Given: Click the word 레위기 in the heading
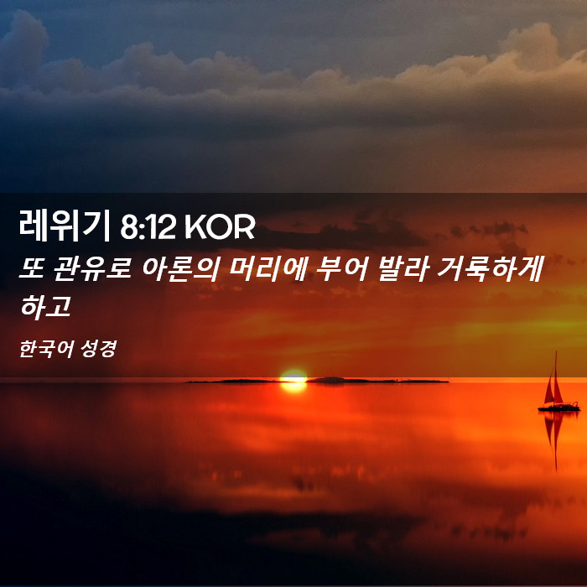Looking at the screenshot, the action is pyautogui.click(x=64, y=226).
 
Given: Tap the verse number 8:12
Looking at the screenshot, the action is pyautogui.click(x=148, y=227).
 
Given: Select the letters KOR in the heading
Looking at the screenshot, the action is pyautogui.click(x=220, y=227).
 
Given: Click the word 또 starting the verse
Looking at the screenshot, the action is pyautogui.click(x=32, y=269).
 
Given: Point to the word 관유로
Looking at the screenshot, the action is pyautogui.click(x=92, y=269).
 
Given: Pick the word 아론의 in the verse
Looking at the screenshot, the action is pyautogui.click(x=180, y=269).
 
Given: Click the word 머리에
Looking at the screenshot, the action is pyautogui.click(x=268, y=269).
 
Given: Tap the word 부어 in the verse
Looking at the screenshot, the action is pyautogui.click(x=342, y=269).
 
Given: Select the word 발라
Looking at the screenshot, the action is pyautogui.click(x=403, y=269).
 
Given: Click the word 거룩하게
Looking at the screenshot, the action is pyautogui.click(x=490, y=269).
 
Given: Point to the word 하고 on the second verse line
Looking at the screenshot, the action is pyautogui.click(x=45, y=307).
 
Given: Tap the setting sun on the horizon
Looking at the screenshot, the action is pyautogui.click(x=293, y=376).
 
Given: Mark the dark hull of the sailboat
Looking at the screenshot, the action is pyautogui.click(x=558, y=408).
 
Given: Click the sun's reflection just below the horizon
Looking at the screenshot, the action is pyautogui.click(x=293, y=387).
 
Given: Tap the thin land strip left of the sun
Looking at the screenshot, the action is pyautogui.click(x=233, y=381).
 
